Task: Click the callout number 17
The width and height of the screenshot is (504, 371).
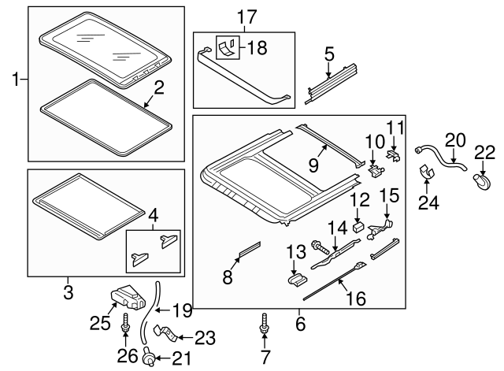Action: (x=247, y=17)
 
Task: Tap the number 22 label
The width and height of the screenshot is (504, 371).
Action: (x=485, y=152)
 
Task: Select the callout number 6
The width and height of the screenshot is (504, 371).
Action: (x=300, y=324)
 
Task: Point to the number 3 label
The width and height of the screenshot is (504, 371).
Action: (x=69, y=292)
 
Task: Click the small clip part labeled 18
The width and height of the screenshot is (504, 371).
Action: (x=228, y=47)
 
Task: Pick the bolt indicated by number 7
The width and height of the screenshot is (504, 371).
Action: (x=265, y=324)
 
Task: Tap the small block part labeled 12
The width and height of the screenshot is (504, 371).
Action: (x=358, y=227)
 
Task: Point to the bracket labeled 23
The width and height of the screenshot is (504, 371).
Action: (x=165, y=333)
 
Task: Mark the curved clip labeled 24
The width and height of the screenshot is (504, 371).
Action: (x=427, y=173)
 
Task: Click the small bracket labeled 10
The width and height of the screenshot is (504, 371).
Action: (x=376, y=170)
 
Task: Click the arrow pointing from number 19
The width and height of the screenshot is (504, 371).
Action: (x=163, y=310)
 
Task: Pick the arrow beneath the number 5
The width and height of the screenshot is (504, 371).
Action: (x=328, y=70)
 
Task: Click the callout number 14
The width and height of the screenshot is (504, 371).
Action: (x=338, y=228)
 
